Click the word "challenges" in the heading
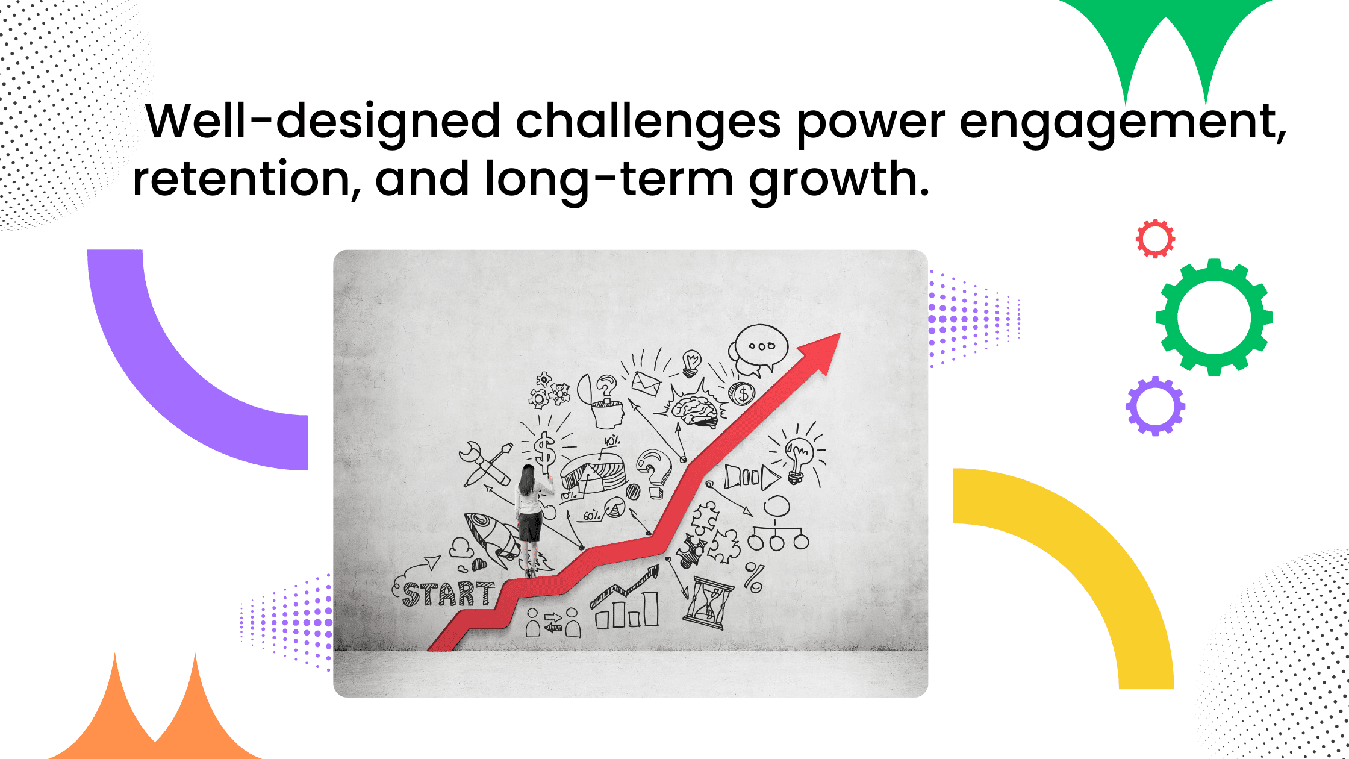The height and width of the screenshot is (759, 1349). coord(648,122)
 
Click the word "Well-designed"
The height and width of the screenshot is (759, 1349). coord(323,122)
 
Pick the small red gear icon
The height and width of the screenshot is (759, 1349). coord(1155,239)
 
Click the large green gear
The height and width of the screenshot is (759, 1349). coord(1214,317)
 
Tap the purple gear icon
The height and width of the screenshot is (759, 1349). coord(1155,407)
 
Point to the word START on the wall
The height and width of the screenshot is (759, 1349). coord(448,594)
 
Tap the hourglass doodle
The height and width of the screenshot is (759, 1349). coord(708,602)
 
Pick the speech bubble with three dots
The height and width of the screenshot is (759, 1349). coord(760,348)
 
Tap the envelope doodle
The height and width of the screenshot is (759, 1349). coord(646,383)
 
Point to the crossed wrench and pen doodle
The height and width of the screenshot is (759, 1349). coord(485,464)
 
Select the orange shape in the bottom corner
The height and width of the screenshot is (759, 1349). coord(155,717)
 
